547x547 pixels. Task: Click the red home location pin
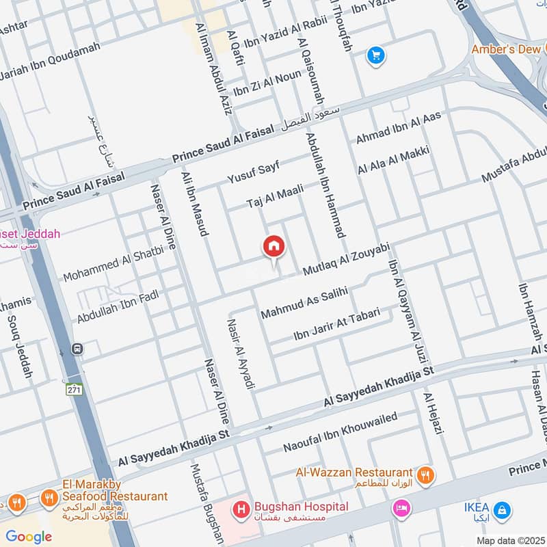coord(274,247)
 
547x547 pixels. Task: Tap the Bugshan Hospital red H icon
coord(241,509)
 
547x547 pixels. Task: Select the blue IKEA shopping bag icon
coord(503,509)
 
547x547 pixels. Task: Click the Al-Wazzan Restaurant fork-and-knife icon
coord(425,474)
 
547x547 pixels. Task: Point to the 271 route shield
coord(74,390)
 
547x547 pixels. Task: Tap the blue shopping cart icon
coord(375,55)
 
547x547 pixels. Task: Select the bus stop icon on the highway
coord(77,349)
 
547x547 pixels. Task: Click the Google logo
coord(29,537)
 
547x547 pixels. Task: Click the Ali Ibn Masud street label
coord(194,204)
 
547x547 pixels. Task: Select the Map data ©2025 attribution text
coord(510,540)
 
